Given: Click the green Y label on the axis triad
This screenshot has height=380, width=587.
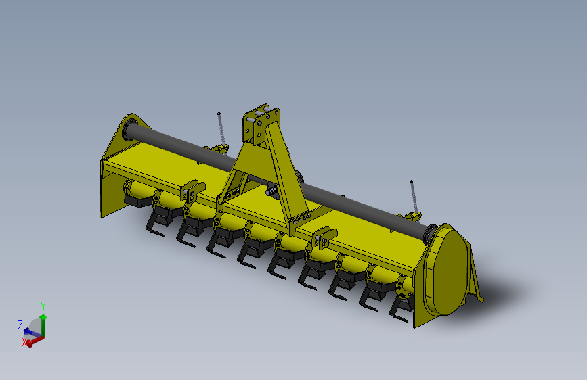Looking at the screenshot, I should coord(43,306).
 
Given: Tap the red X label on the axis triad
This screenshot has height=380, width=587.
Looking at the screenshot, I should coord(25,343).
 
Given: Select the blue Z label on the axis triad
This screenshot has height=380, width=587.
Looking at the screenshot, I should coord(20,325).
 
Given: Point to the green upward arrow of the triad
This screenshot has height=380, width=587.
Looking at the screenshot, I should coord(43,320).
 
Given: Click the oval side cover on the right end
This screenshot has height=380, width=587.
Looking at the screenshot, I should coord(449,270).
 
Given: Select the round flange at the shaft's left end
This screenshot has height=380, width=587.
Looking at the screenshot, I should coord(127,130).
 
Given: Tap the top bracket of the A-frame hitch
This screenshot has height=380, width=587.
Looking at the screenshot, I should coord(261,122).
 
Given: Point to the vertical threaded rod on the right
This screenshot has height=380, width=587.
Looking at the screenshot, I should coord(413,196).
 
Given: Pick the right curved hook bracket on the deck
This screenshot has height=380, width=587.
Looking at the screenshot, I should coord(324,237).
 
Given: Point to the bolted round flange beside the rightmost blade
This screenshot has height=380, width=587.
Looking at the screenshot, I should coord(405,287).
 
